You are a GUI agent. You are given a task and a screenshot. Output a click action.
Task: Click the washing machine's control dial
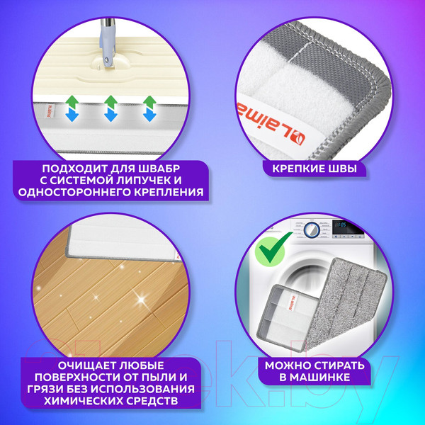point(310,231)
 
